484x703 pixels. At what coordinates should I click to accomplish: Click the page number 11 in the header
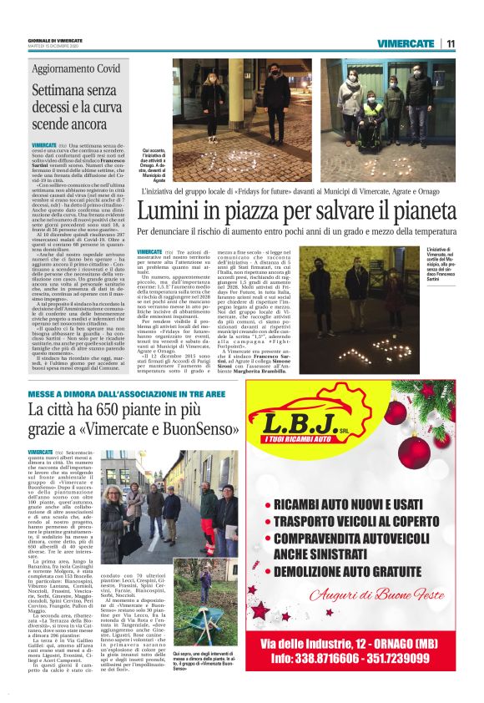pyautogui.click(x=451, y=43)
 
